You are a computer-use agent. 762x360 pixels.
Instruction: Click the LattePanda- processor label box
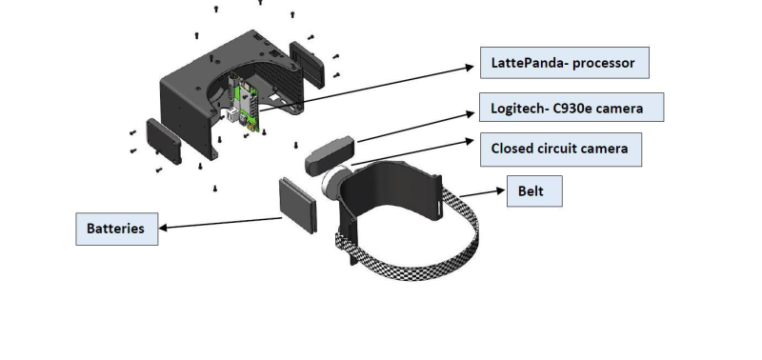[565, 63]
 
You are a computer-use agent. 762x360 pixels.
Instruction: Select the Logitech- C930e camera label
[571, 108]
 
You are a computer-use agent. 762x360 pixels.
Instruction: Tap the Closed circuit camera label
[561, 150]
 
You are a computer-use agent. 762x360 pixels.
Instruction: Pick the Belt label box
[534, 190]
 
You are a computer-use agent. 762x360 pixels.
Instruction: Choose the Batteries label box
[116, 229]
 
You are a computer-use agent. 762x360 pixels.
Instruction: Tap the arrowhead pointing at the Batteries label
[163, 228]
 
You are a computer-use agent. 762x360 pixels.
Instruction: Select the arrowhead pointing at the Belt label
[501, 190]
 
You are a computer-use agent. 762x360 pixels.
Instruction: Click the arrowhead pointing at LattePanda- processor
[469, 67]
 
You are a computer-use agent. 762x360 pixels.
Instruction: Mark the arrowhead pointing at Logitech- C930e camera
[470, 114]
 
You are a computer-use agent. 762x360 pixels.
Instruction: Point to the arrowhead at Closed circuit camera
[469, 141]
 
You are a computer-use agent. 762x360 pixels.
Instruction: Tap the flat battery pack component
[298, 206]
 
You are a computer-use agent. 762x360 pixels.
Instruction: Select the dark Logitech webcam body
[330, 155]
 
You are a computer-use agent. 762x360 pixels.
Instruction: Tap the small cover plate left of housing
[164, 141]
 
